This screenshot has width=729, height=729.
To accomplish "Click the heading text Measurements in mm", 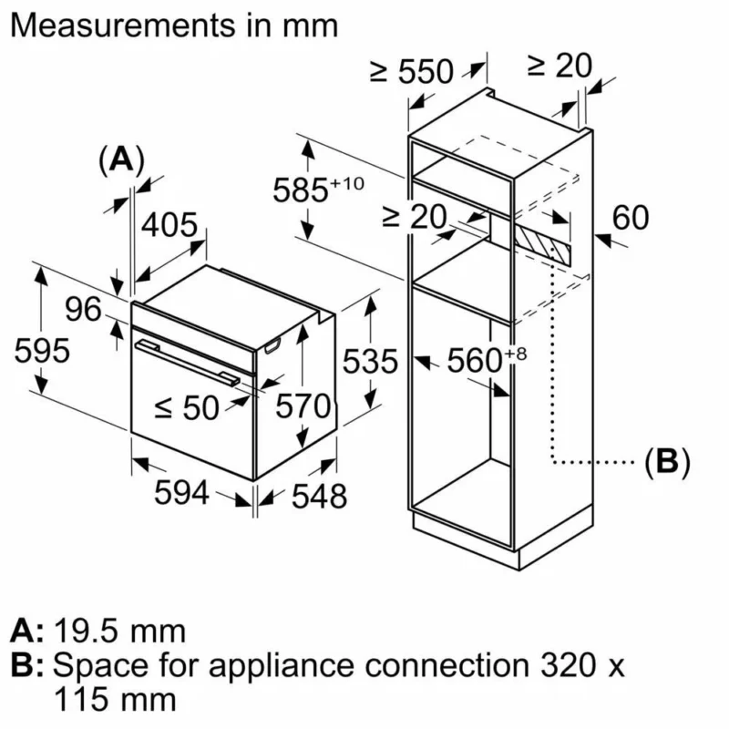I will (x=173, y=26).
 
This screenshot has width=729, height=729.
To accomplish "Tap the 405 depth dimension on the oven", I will (x=168, y=224).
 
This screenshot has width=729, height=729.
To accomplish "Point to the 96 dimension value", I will (x=85, y=310).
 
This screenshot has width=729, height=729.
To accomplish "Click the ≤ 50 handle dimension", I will (x=187, y=408).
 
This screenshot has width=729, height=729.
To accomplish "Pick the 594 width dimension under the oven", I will (x=182, y=494).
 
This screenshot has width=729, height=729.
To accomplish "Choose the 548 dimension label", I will (x=319, y=496).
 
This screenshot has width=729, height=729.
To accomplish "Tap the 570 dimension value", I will (x=303, y=406).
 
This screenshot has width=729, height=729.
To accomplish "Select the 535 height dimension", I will (x=371, y=362).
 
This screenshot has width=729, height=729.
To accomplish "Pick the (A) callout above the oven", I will (x=120, y=159).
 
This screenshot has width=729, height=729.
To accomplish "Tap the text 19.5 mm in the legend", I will (x=119, y=630).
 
